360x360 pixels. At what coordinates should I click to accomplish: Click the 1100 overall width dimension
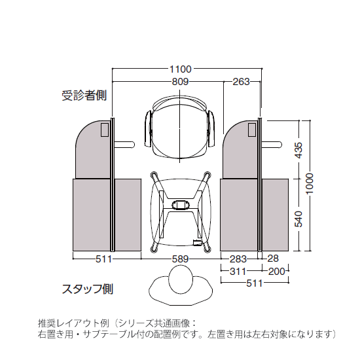click(180, 69)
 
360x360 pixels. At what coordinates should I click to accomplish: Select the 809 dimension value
click(180, 82)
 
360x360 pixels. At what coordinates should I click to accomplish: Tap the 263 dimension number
click(242, 82)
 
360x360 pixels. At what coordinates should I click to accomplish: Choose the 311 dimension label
click(240, 271)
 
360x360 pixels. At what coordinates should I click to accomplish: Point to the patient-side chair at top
click(180, 128)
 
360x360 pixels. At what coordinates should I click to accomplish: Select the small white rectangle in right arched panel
click(252, 130)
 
